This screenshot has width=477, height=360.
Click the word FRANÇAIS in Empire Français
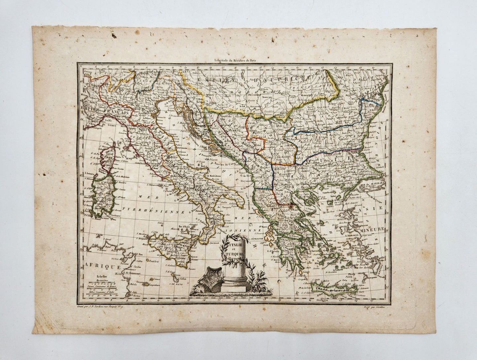tap(117, 113)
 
